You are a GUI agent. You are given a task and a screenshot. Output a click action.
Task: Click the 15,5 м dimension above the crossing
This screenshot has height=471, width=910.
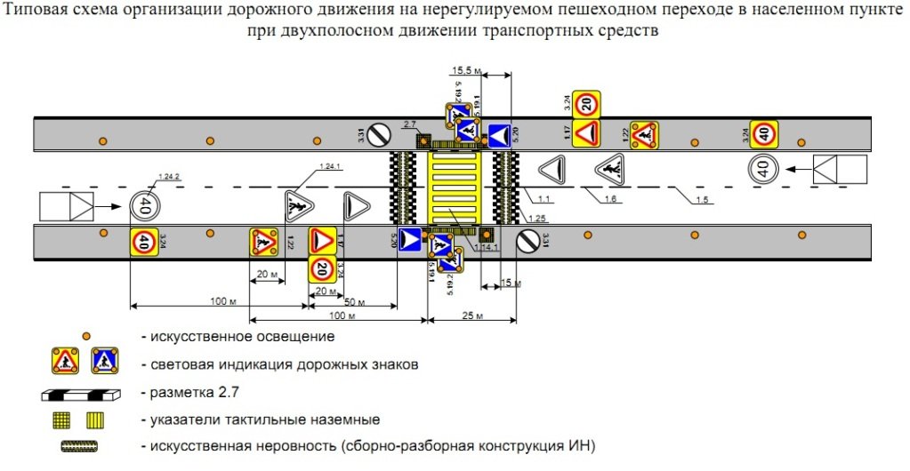click(x=467, y=69)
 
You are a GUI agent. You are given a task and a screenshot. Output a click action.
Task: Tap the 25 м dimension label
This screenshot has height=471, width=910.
click(x=472, y=315)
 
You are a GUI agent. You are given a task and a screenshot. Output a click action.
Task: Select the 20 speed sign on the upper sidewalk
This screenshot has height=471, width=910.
click(x=584, y=104)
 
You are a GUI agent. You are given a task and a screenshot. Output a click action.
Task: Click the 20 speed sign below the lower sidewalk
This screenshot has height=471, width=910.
click(x=323, y=268)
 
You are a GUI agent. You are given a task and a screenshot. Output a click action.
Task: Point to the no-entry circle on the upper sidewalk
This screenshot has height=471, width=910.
click(x=380, y=135)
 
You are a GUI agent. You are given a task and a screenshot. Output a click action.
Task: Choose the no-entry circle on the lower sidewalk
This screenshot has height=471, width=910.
click(x=527, y=240)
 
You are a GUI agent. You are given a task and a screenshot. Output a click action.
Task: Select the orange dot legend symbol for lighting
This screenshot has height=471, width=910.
click(x=87, y=337)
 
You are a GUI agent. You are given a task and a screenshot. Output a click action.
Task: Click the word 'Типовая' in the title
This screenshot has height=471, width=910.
click(x=36, y=12)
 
